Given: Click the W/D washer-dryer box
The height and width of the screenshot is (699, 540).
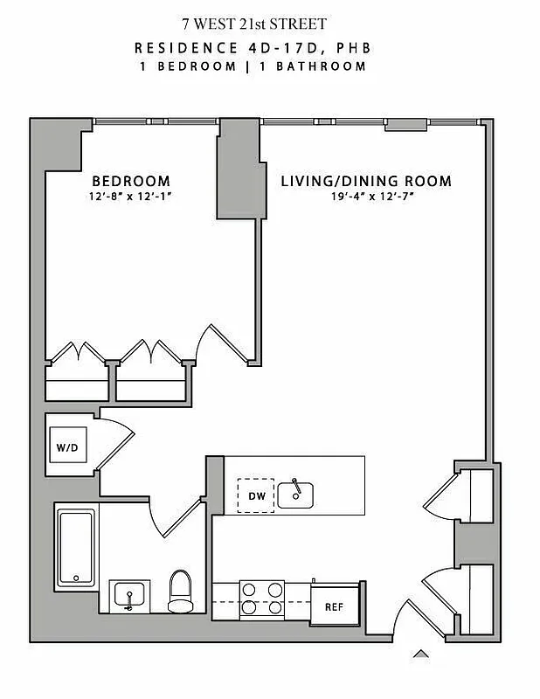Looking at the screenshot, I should coord(67,448).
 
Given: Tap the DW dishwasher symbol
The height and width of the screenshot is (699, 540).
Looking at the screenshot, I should coord(255,496).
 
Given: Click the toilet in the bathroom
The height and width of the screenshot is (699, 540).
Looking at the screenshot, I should coord(181,592).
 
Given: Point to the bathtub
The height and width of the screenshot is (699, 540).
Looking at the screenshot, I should coord(76,548).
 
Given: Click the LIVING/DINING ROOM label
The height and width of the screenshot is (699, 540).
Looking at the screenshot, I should coord(366,182).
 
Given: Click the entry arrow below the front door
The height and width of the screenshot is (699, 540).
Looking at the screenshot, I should coord(421,652).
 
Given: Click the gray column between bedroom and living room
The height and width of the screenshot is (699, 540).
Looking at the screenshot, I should coord(237,169).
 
